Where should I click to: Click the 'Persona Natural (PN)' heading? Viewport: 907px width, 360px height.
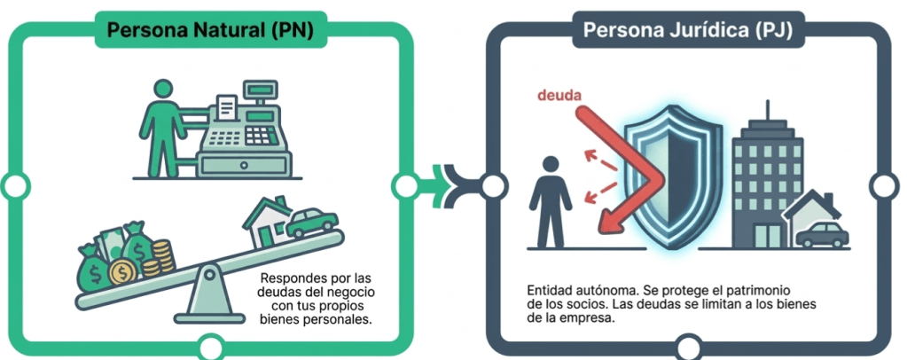(x=210, y=30)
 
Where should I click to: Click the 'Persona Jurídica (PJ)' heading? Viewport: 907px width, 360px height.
(x=688, y=29)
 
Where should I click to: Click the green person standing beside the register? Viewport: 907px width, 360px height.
(x=162, y=128)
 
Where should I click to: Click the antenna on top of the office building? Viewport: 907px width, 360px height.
(x=768, y=111)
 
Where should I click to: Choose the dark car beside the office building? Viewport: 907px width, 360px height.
(x=822, y=234)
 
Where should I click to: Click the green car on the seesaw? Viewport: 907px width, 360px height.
(x=312, y=223)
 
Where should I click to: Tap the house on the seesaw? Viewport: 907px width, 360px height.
(x=267, y=222)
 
